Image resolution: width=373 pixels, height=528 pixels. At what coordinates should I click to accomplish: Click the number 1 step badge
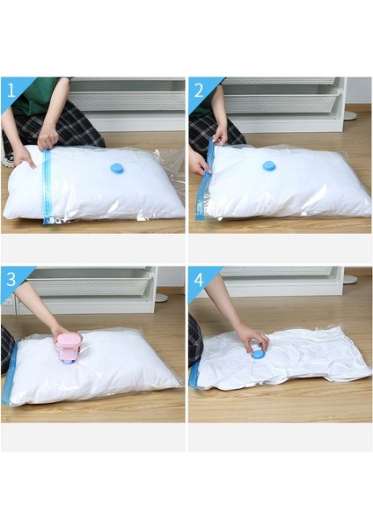[11, 90]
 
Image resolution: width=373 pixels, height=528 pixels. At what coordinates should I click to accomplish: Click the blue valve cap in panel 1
[116, 167]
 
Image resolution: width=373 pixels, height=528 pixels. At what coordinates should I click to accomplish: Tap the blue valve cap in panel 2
[268, 165]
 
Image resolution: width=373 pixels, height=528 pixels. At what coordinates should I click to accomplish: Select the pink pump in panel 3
[69, 347]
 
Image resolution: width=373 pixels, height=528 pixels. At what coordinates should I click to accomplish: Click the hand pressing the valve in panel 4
[251, 338]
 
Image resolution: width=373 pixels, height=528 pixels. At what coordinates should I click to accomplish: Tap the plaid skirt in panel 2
[205, 132]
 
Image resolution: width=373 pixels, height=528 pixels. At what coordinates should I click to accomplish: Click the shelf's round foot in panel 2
[349, 115]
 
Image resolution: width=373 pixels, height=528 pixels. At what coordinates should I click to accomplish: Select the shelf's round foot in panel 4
[349, 279]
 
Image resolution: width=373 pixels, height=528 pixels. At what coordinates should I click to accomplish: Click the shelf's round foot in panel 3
[161, 297]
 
